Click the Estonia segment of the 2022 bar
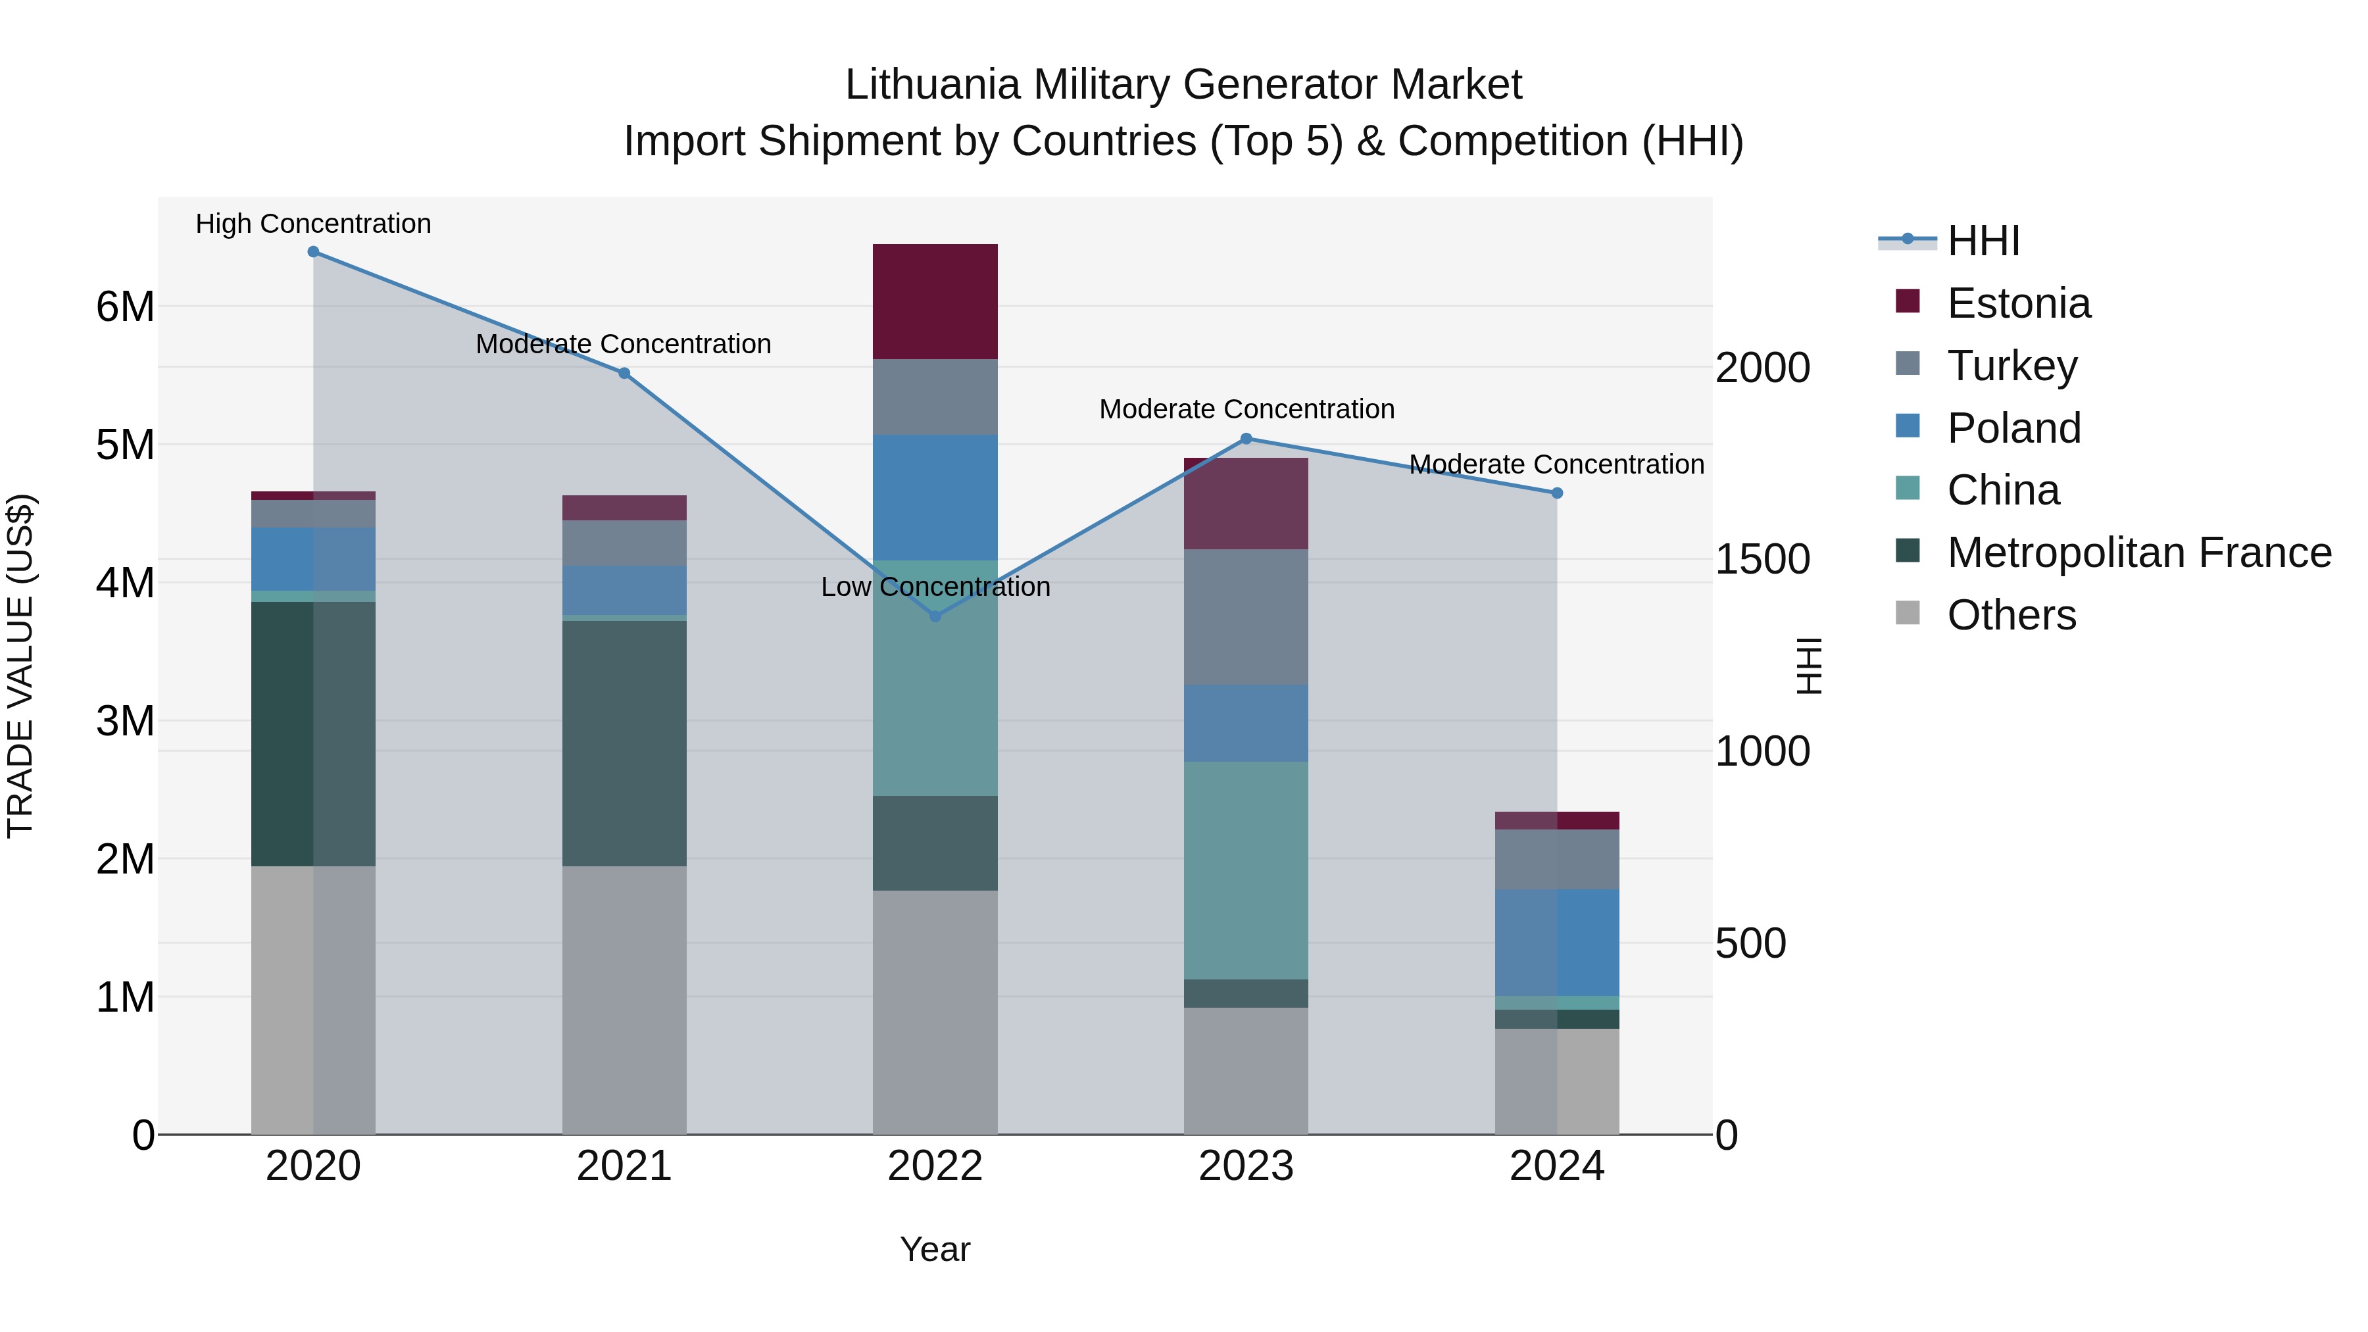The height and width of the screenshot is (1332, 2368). [935, 301]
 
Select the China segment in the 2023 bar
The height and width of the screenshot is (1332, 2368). [1246, 870]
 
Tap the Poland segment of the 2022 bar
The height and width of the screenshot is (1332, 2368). [935, 497]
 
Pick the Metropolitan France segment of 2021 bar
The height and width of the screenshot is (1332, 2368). [624, 743]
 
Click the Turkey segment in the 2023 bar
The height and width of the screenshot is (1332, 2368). [1246, 617]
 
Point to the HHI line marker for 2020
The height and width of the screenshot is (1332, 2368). [314, 252]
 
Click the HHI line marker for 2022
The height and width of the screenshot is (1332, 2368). [935, 616]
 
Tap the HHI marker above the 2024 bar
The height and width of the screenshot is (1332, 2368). [1556, 493]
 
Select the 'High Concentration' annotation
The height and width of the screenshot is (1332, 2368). [314, 224]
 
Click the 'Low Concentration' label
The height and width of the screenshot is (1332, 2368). [935, 587]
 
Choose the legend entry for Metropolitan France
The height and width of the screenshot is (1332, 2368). [2138, 553]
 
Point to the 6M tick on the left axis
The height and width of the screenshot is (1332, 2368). [125, 306]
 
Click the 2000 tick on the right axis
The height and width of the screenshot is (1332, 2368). [1762, 368]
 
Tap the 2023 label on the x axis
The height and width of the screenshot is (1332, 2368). [1246, 1166]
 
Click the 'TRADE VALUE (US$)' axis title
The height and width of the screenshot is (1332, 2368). [20, 666]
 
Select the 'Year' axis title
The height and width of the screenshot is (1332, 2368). [935, 1249]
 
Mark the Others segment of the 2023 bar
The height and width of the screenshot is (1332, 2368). [1246, 1070]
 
